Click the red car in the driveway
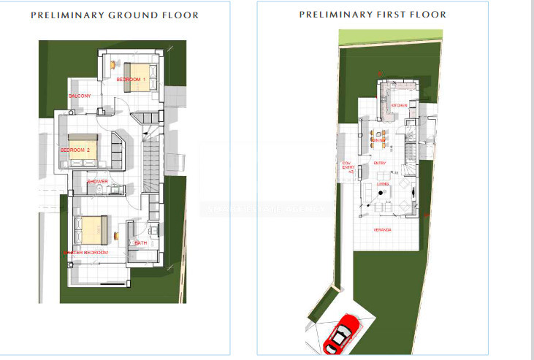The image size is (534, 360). coord(342,334)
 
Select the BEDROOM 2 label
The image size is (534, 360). coord(75,150)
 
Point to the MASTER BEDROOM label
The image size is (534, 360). coord(88,252)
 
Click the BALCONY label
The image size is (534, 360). coord(79,96)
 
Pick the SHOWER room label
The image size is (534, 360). coord(98,181)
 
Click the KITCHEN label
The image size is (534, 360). coord(399,105)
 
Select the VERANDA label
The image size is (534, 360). coord(382,230)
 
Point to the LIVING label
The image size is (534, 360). coord(382,184)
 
